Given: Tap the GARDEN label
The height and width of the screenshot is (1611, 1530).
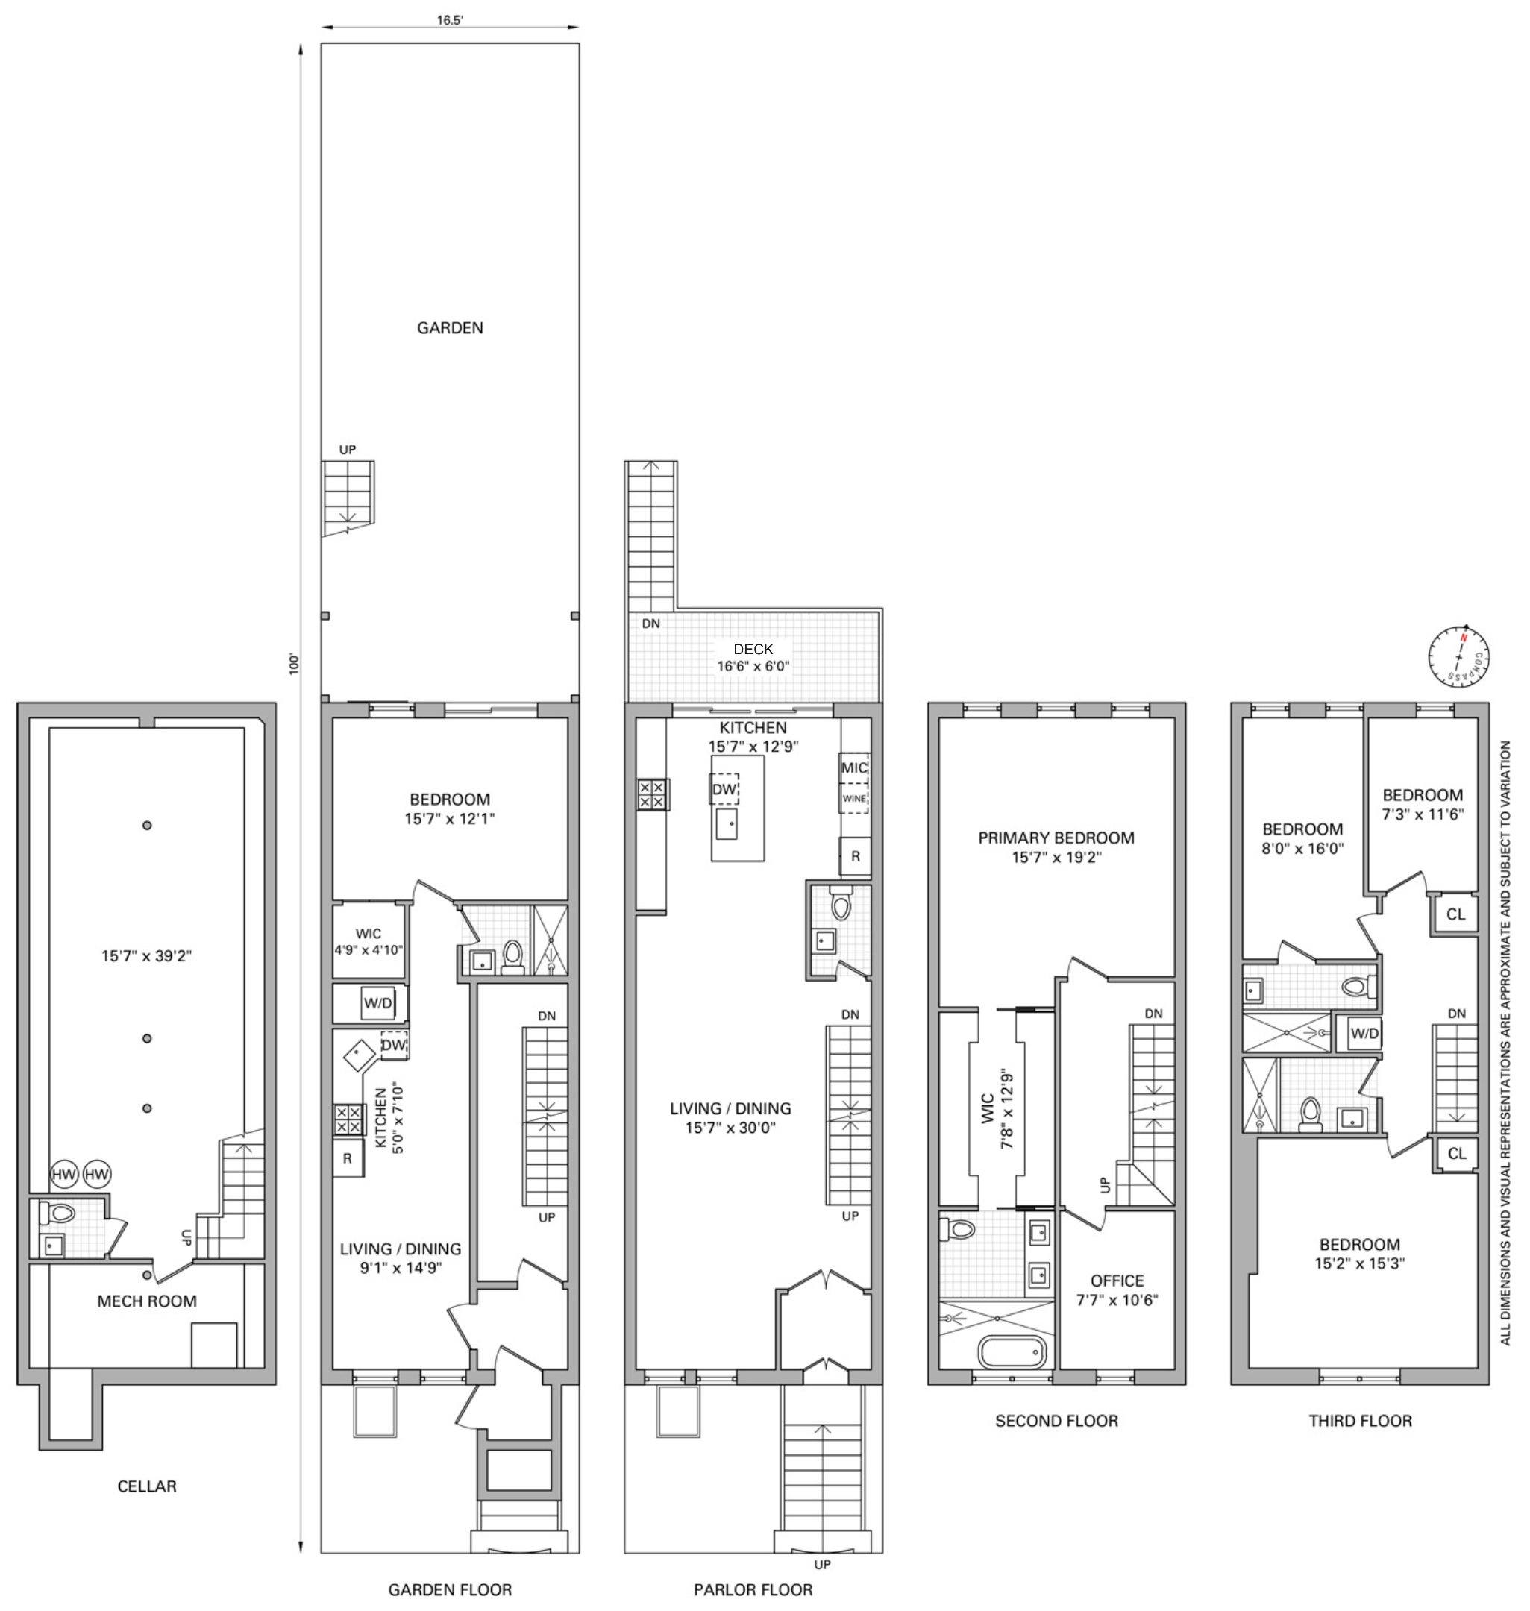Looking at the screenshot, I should pos(449,327).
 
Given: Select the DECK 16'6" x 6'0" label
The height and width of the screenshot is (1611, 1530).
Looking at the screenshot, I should pos(753,657).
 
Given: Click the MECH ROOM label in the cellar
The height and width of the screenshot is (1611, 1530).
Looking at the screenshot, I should pos(147,1301).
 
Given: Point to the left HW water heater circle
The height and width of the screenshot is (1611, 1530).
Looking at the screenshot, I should pos(63,1174).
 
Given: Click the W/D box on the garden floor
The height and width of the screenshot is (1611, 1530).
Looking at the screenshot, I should pos(377,1004).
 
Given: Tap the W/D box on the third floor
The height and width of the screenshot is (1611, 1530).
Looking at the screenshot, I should pos(1364,1034).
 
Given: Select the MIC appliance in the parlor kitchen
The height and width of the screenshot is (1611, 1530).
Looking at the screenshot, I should pos(854,768).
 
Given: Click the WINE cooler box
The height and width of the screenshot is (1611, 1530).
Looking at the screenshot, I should pos(854,799).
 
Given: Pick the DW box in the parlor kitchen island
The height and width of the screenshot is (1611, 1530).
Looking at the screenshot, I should pos(724,789).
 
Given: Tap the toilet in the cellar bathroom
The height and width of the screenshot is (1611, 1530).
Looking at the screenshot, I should pos(60,1213).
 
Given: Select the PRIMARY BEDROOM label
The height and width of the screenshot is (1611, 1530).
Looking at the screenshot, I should pos(1056,838).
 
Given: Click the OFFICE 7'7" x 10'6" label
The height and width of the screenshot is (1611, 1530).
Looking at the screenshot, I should pos(1117,1290).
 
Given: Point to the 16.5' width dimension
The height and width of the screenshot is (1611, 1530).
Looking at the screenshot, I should pos(449,20).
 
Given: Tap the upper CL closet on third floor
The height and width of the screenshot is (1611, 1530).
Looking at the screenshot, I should pos(1456,914).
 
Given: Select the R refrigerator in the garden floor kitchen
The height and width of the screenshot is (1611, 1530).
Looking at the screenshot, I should pos(348,1158).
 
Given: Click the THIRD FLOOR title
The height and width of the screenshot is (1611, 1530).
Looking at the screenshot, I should pos(1360,1421).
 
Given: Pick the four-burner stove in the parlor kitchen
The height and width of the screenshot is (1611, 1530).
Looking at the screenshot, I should pos(652,795).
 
